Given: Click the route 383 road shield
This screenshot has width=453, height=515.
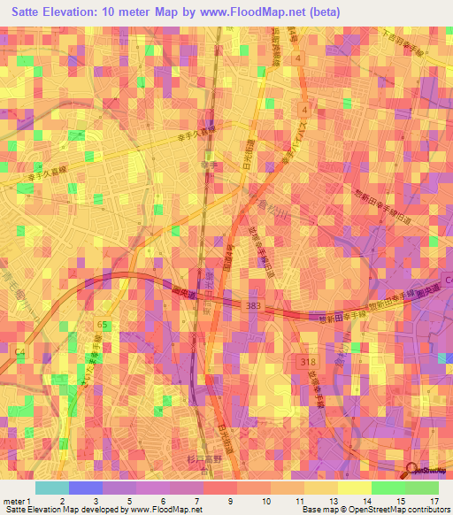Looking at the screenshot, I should [x=255, y=304].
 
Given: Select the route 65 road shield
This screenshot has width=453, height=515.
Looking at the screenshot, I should [x=104, y=326].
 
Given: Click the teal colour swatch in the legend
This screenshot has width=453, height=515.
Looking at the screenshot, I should [x=51, y=488].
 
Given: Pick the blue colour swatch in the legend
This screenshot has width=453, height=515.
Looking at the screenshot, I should [x=85, y=488].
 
